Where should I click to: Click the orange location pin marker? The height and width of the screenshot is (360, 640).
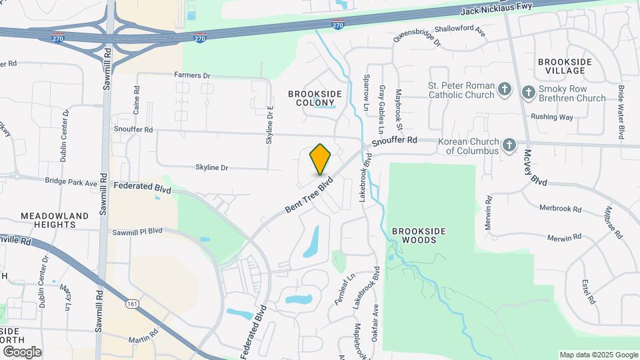click(320, 159)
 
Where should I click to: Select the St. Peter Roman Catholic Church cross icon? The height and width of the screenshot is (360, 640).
click(505, 89)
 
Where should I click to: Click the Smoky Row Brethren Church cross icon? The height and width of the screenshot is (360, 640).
click(529, 92)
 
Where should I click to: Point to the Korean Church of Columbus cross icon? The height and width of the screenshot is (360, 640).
click(509, 145)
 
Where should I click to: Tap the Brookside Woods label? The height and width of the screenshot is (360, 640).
click(419, 235)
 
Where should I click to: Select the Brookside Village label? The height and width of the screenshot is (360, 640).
click(565, 66)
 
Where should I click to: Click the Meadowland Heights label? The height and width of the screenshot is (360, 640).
click(55, 221)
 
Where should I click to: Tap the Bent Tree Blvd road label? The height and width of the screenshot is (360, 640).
click(309, 195)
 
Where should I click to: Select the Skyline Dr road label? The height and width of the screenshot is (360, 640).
click(212, 167)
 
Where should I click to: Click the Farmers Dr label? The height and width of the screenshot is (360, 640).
click(192, 75)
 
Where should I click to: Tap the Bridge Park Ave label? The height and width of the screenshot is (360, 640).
click(71, 181)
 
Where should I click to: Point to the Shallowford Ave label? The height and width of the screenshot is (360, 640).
click(460, 29)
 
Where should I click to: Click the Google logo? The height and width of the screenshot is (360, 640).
click(21, 351)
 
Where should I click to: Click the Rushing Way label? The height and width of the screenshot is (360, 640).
click(552, 117)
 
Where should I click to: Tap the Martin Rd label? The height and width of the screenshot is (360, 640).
click(145, 331)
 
